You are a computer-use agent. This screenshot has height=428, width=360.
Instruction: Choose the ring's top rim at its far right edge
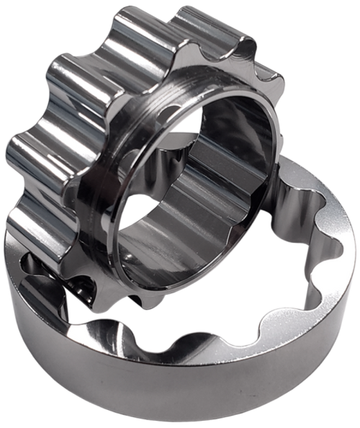pos(351,238)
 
